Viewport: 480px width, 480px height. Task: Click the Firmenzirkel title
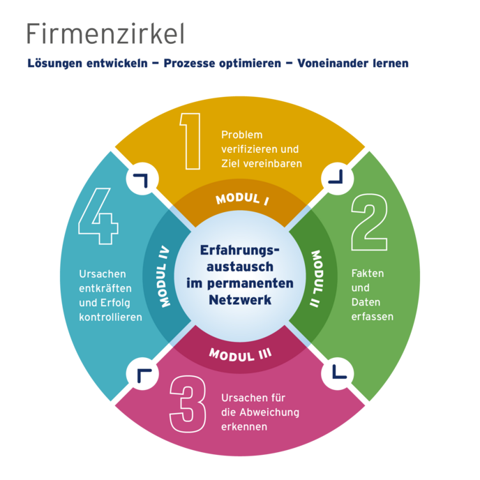105,33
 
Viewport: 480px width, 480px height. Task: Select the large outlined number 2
369,222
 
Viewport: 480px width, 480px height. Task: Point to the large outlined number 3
188,407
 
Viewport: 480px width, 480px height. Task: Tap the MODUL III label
240,354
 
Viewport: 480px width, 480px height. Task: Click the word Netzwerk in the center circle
240,300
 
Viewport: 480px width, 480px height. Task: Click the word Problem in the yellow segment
241,134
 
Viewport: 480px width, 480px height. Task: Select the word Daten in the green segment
366,302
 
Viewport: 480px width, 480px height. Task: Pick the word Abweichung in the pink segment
269,412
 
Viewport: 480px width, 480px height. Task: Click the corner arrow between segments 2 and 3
338,368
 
